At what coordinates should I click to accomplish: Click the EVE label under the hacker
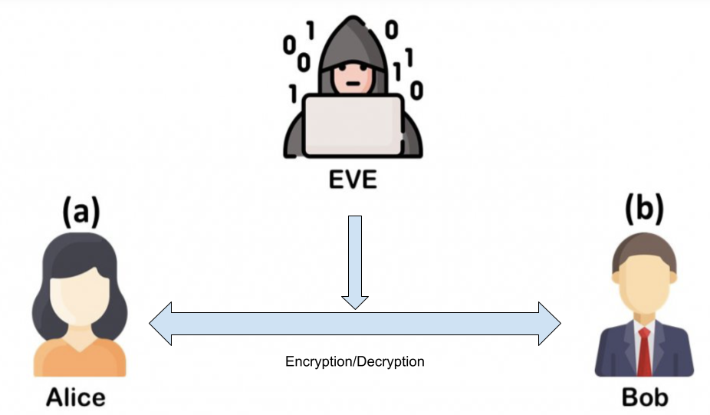(x=353, y=181)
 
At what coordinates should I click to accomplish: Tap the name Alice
(x=75, y=397)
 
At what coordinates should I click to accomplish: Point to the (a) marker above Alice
(x=81, y=210)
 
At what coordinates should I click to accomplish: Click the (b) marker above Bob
(x=644, y=209)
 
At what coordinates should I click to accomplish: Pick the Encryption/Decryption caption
(x=355, y=361)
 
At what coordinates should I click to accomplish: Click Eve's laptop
(x=353, y=123)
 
